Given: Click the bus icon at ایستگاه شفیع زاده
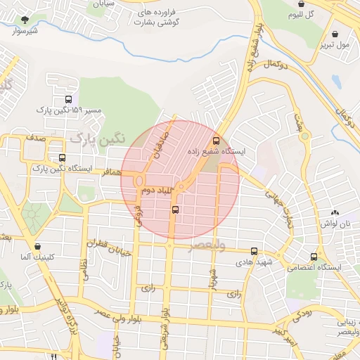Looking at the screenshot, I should click(216, 139).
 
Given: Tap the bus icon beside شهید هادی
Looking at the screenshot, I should click(254, 251).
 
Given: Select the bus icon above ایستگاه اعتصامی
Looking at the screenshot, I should click(314, 257).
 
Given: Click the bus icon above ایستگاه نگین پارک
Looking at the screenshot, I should click(63, 157).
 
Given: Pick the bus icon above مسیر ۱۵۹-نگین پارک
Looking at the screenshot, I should click(68, 99).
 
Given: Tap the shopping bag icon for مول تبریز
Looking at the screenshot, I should click(335, 33).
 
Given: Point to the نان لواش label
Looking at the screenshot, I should click(335, 223).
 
